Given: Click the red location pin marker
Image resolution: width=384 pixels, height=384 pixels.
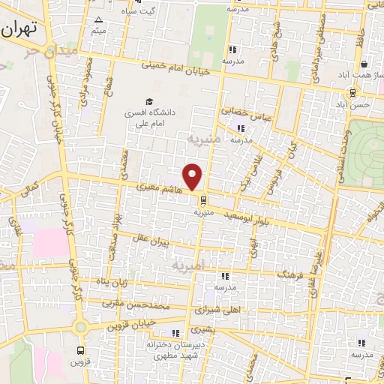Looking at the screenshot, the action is (x=193, y=175).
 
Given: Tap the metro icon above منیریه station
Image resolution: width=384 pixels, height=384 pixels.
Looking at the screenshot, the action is (x=203, y=199).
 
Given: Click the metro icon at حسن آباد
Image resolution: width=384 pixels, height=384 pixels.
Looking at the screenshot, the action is (x=352, y=92).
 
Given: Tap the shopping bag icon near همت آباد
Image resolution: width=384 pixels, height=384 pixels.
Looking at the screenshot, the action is (x=363, y=64).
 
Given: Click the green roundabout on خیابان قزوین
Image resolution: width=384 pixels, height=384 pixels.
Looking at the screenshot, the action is (x=82, y=327).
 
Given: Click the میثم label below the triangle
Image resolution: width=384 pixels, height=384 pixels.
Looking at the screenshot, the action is (x=98, y=31).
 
